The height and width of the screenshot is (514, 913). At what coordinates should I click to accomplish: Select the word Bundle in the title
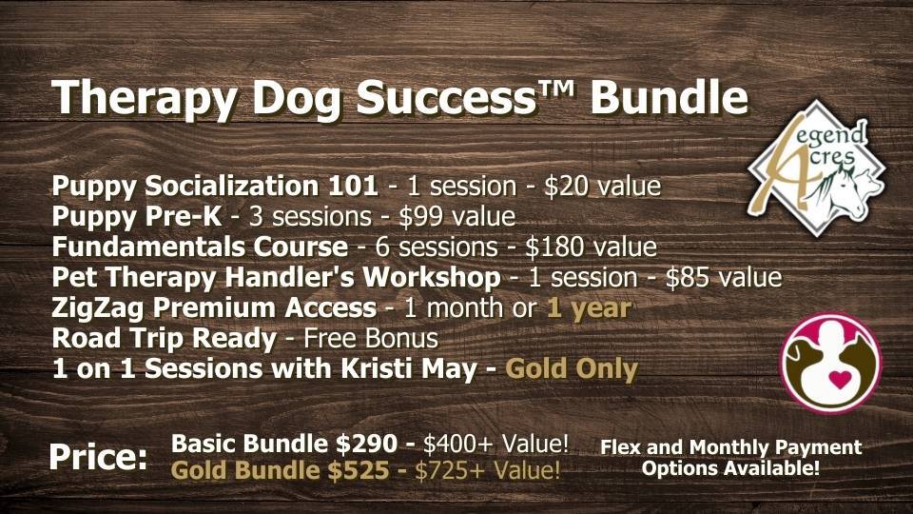tap(669, 96)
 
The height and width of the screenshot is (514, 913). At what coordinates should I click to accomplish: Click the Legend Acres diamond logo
tap(816, 168)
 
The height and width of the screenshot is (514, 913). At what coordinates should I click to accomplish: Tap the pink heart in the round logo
tap(839, 380)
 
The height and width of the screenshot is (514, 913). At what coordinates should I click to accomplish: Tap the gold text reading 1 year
tap(589, 308)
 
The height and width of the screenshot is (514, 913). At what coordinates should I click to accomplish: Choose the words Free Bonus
tap(370, 339)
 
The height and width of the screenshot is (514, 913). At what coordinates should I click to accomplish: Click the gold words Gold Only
tap(572, 369)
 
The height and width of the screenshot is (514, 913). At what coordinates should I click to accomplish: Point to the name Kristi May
tap(409, 369)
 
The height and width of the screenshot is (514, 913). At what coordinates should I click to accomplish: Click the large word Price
tap(98, 456)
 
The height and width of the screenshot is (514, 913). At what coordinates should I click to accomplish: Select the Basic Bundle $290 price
tap(284, 445)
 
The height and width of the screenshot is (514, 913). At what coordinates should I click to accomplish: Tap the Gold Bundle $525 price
tap(280, 470)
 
